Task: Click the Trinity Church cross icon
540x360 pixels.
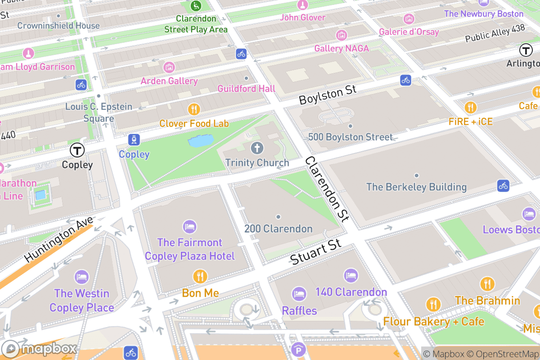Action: click(x=257, y=148)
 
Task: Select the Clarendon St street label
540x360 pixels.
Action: click(x=327, y=189)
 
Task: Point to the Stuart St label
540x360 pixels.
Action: click(x=315, y=252)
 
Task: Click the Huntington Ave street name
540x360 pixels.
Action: click(x=59, y=239)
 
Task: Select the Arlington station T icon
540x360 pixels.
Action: click(x=526, y=50)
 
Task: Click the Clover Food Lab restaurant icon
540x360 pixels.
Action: click(x=194, y=109)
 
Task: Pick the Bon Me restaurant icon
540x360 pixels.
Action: click(x=200, y=276)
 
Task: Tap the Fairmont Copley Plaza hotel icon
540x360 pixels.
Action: click(x=189, y=227)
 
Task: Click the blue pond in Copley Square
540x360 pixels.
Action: click(x=201, y=141)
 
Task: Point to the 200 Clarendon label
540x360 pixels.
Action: click(x=278, y=229)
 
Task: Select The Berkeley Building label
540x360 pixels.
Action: click(x=416, y=187)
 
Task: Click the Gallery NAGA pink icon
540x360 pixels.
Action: click(x=342, y=35)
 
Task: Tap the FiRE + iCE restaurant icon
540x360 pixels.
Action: click(x=470, y=107)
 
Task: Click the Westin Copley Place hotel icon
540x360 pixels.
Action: click(x=81, y=277)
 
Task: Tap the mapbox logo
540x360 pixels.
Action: click(x=40, y=349)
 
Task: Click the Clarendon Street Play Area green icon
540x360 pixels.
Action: click(x=196, y=6)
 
